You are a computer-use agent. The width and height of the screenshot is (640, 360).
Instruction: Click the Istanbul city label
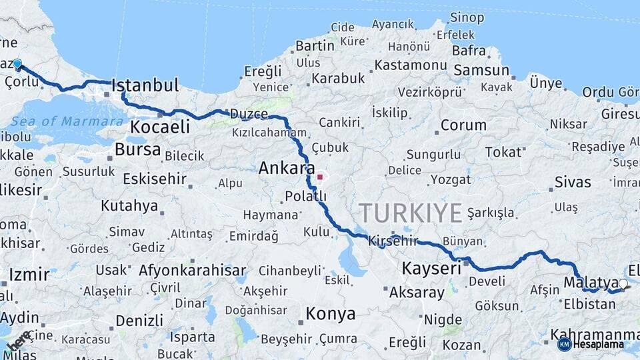[145, 85]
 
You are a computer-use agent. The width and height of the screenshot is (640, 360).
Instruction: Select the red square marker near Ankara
[320, 177]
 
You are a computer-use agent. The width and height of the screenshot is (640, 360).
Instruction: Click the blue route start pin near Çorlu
[17, 64]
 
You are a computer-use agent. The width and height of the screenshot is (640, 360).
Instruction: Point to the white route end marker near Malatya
[623, 284]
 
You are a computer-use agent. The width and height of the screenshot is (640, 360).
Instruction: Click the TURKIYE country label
[411, 213]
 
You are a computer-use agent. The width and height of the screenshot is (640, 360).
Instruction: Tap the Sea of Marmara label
[67, 121]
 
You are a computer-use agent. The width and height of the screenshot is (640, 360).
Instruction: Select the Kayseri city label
[431, 269]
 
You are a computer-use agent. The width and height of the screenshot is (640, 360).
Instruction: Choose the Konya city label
[330, 313]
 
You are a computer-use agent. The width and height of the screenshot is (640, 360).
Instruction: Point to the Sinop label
[467, 18]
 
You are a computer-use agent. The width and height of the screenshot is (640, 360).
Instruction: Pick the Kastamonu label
[410, 65]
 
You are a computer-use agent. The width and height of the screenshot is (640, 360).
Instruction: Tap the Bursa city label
[137, 149]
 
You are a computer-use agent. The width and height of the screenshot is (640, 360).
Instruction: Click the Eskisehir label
[154, 179]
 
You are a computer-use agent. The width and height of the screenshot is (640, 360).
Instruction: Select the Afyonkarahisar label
[192, 271]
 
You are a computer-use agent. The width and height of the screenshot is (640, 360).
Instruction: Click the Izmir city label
[29, 275]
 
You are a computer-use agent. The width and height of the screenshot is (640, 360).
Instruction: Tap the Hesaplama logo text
[598, 344]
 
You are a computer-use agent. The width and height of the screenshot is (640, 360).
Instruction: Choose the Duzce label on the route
[249, 115]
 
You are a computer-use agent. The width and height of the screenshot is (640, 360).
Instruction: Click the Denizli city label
[139, 321]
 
